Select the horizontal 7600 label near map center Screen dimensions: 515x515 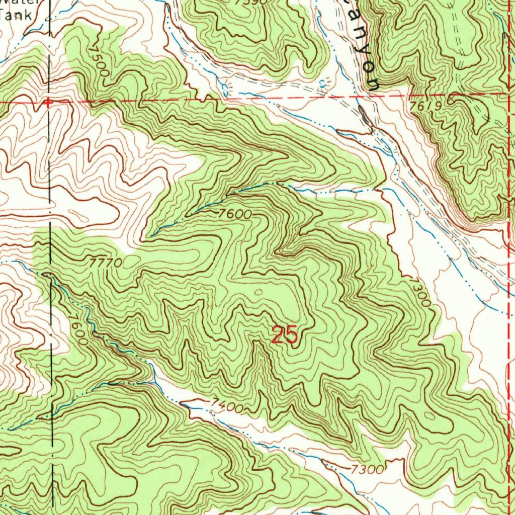pos(235,213)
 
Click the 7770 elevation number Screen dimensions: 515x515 pos(106,263)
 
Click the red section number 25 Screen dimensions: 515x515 pos(285,335)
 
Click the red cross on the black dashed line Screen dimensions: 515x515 pos(48,102)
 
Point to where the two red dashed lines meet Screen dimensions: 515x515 pos(509,94)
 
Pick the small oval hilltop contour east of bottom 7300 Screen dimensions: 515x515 pos(430,416)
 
